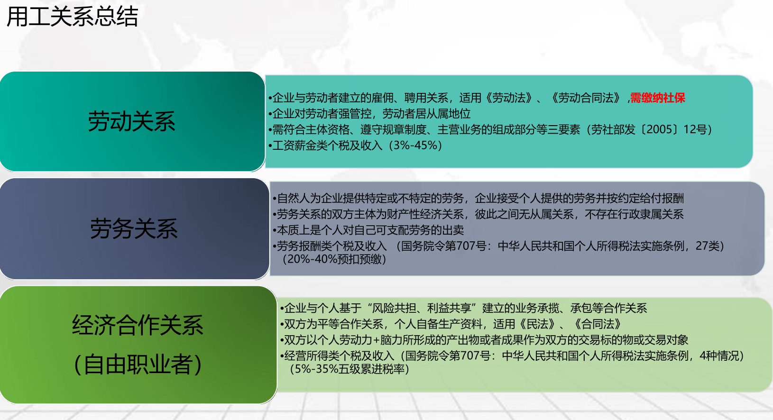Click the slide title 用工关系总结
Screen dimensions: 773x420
click(x=73, y=16)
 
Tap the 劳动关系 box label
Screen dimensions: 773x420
click(x=132, y=121)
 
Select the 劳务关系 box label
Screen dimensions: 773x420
click(x=134, y=228)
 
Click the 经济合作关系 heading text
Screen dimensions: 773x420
click(x=138, y=325)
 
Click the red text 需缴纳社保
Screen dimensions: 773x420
click(x=658, y=98)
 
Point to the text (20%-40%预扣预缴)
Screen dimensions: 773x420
click(x=334, y=259)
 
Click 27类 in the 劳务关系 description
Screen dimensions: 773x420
click(x=708, y=246)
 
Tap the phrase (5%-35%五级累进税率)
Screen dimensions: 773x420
click(x=349, y=369)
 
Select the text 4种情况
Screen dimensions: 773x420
click(x=718, y=356)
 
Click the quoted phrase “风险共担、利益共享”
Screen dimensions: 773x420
click(x=422, y=308)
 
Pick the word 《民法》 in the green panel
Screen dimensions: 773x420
click(x=538, y=324)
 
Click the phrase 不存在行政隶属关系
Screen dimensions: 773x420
click(x=634, y=214)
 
